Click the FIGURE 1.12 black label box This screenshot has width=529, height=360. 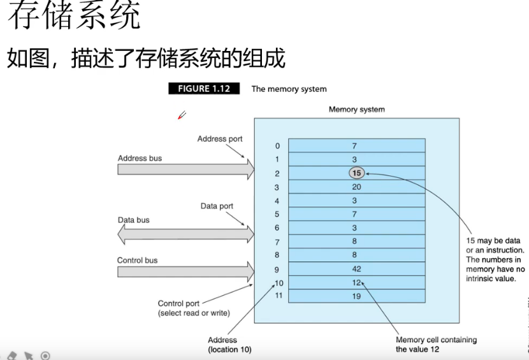(204, 89)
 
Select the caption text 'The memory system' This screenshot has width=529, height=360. (289, 89)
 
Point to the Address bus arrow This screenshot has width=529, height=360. (186, 169)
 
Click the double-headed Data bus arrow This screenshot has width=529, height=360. (186, 234)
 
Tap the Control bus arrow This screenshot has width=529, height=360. (186, 271)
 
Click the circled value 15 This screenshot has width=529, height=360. (357, 173)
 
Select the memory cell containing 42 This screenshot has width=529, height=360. (357, 269)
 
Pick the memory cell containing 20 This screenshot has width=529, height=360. (357, 187)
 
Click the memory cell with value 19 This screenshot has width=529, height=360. (357, 296)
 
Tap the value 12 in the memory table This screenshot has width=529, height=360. (356, 282)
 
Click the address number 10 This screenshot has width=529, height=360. (279, 283)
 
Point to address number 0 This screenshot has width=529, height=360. (277, 146)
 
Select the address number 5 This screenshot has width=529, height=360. (277, 214)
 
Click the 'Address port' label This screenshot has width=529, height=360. (220, 139)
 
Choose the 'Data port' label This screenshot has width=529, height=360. (217, 206)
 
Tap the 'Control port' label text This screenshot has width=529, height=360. (178, 303)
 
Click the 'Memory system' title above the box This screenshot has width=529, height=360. (357, 110)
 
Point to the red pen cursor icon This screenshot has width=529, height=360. (182, 115)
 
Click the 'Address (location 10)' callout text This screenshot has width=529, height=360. (229, 345)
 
